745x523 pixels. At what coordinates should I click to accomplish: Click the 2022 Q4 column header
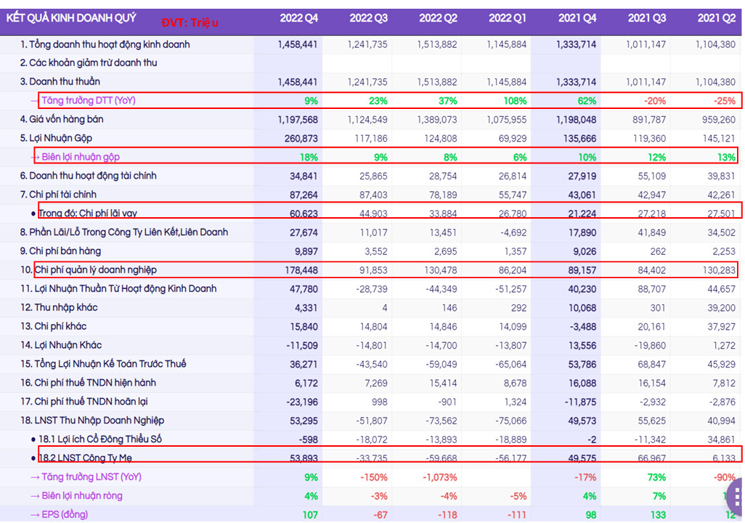298,18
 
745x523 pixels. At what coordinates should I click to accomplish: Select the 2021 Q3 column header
646,18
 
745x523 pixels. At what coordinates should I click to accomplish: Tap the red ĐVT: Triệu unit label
190,23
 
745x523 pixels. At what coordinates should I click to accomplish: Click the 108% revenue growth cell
512,101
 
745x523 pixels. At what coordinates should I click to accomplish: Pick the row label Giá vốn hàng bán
61,119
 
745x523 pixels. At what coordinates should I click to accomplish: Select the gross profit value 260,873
298,138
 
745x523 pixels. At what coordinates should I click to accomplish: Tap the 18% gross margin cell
309,157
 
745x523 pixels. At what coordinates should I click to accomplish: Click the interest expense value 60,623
298,214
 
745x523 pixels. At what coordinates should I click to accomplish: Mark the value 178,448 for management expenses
298,270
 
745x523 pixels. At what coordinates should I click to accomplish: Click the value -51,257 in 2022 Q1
508,289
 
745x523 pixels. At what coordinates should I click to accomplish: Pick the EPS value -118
444,515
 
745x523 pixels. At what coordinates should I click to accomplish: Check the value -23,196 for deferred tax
298,402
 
